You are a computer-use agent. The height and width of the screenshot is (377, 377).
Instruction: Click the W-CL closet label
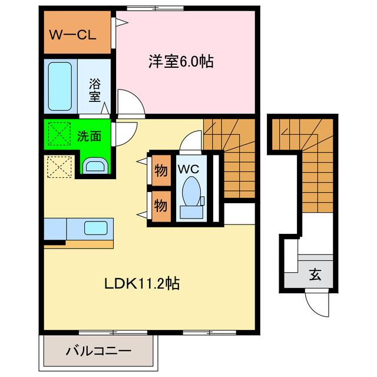coord(72,35)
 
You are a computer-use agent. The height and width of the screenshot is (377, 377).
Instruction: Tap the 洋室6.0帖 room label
coord(181,61)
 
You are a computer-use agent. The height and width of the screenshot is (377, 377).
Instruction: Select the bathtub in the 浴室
coord(60,87)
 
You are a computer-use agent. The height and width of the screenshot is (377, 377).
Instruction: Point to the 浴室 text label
coord(95,90)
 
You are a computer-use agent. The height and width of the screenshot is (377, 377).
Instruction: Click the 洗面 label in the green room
coord(89,136)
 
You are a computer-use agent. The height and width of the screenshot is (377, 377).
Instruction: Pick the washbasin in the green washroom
coord(95,166)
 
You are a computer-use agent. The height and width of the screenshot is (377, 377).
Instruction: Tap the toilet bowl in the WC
coord(191,191)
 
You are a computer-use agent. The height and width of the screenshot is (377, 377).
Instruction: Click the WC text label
coord(188,169)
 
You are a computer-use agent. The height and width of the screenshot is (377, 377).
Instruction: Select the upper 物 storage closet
coord(161,170)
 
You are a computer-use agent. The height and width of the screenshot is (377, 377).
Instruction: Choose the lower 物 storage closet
coord(161,206)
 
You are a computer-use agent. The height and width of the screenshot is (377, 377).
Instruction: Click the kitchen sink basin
coord(95,228)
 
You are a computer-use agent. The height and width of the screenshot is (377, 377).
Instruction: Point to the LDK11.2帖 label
coord(142,283)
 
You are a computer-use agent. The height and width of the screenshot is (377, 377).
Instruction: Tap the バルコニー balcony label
coord(98,351)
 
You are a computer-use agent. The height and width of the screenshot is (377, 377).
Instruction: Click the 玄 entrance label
coord(315,275)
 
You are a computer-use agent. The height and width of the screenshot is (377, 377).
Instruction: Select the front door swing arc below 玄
coord(312,309)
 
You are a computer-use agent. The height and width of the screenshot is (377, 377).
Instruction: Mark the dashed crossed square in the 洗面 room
coord(59,134)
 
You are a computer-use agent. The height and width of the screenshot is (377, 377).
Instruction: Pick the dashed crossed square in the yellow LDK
coord(59,167)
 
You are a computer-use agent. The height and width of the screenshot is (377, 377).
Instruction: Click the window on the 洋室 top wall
coord(156,8)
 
